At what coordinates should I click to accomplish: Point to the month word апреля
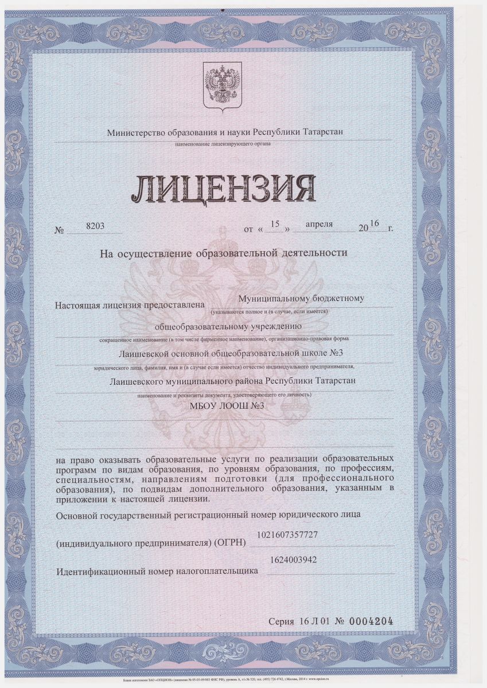click(x=319, y=224)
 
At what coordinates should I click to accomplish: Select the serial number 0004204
click(x=372, y=621)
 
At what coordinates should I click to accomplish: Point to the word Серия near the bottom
click(x=282, y=621)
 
